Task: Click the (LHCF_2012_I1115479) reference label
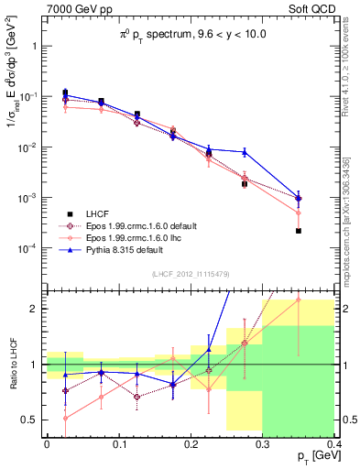pyautogui.click(x=190, y=274)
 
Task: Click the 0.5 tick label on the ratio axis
pyautogui.click(x=29, y=420)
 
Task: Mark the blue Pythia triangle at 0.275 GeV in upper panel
pyautogui.click(x=245, y=152)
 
